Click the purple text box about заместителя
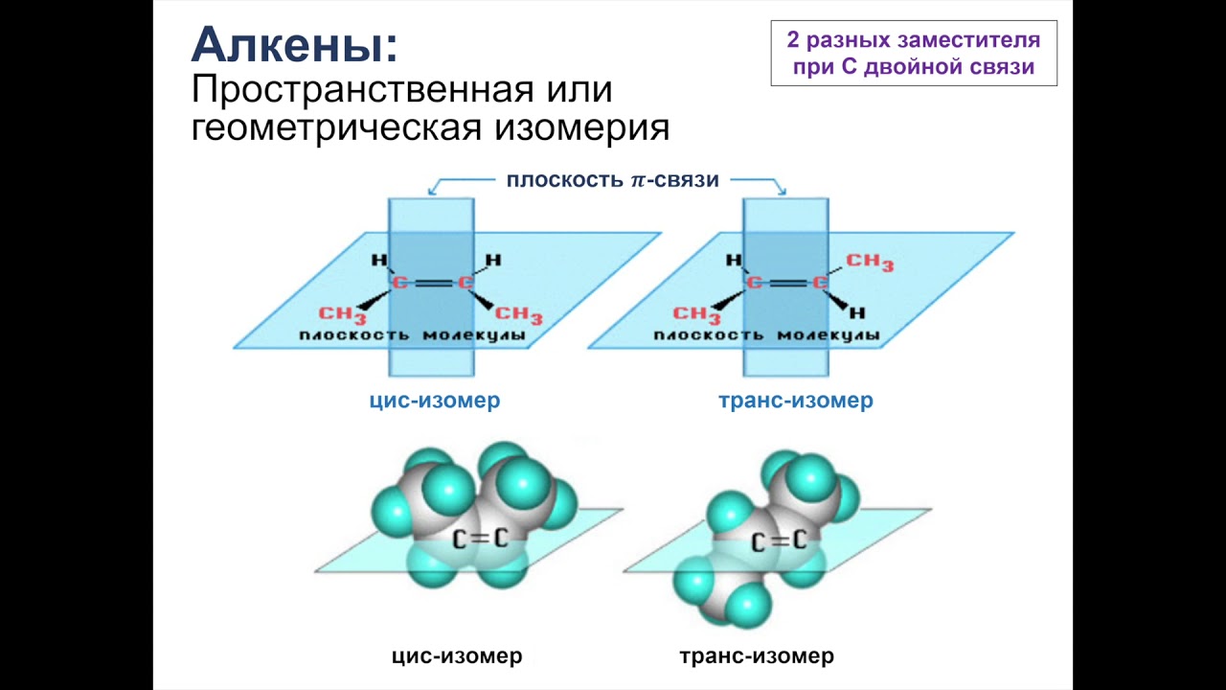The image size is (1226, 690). tap(913, 54)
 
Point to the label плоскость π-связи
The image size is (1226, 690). tap(612, 179)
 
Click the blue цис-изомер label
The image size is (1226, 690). tap(435, 401)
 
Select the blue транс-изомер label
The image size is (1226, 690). tap(795, 401)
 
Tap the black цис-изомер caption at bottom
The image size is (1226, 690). tap(457, 656)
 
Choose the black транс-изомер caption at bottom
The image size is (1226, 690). tap(756, 656)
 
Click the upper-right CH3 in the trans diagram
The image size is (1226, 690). tap(869, 262)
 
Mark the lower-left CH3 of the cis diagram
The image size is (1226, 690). tap(343, 314)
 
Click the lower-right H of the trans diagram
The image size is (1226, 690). tap(857, 312)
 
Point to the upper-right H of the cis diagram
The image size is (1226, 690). tap(492, 259)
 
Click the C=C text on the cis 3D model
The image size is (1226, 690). tap(480, 539)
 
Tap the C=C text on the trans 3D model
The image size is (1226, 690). tap(778, 542)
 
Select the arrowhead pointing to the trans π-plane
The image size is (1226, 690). tap(783, 191)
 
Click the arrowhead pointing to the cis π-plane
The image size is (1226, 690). tap(431, 191)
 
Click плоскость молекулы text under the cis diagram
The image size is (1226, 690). tap(411, 335)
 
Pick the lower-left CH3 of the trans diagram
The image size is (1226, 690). tap(697, 314)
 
